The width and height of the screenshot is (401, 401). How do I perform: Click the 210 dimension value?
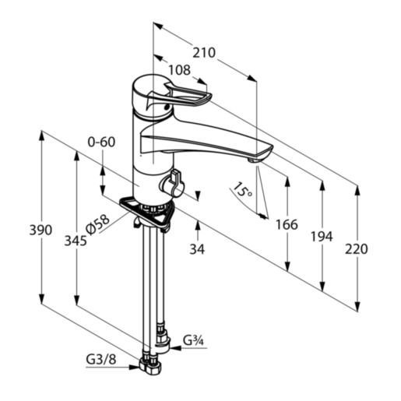[204, 53]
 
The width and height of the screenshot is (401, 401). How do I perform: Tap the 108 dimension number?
[180, 70]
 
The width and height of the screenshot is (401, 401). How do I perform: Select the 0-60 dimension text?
[101, 142]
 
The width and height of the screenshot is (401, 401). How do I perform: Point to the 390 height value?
[40, 230]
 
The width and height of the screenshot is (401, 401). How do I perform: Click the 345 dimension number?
[76, 241]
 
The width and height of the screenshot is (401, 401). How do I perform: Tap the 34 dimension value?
[197, 249]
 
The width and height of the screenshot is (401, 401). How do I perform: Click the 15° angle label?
[242, 191]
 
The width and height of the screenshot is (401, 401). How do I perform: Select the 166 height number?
[287, 225]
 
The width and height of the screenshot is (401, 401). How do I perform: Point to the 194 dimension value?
[322, 237]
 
